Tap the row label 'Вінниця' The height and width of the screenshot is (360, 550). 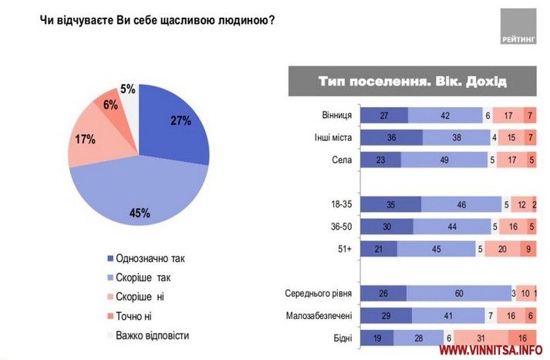337,116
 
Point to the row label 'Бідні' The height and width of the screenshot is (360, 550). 342,337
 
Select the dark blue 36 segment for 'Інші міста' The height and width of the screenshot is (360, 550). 392,138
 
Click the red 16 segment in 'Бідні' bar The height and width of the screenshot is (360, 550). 522,337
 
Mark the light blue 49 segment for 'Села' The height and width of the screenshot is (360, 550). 443,160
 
